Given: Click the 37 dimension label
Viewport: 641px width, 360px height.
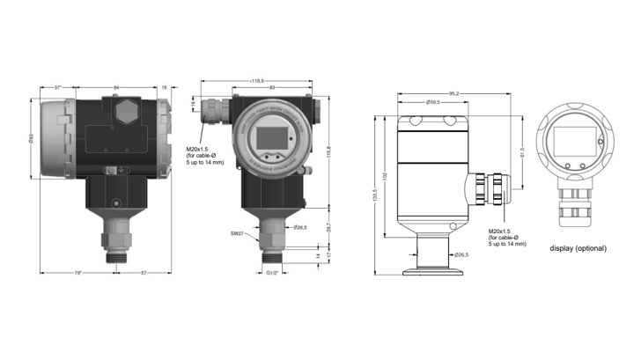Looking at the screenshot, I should click(x=56, y=88).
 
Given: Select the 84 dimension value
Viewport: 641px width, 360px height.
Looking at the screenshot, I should click(x=117, y=88).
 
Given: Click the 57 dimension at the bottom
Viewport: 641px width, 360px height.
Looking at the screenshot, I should click(x=143, y=274).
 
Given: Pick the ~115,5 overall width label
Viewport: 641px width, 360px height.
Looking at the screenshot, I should click(x=259, y=80).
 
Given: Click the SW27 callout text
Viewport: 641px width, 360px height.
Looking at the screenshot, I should click(x=237, y=234).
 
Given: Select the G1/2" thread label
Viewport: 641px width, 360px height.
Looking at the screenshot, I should click(x=273, y=274).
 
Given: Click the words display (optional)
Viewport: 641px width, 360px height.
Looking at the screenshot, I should click(x=578, y=248).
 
